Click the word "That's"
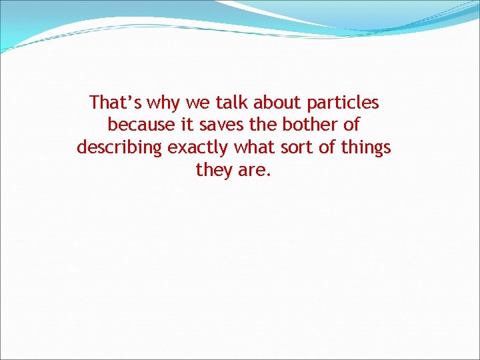[115, 103]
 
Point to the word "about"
[279, 103]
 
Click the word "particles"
[343, 103]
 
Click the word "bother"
[311, 125]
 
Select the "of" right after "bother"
[351, 125]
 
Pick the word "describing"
[119, 148]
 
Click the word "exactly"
[197, 148]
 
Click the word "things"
[366, 148]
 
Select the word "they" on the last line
[213, 171]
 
